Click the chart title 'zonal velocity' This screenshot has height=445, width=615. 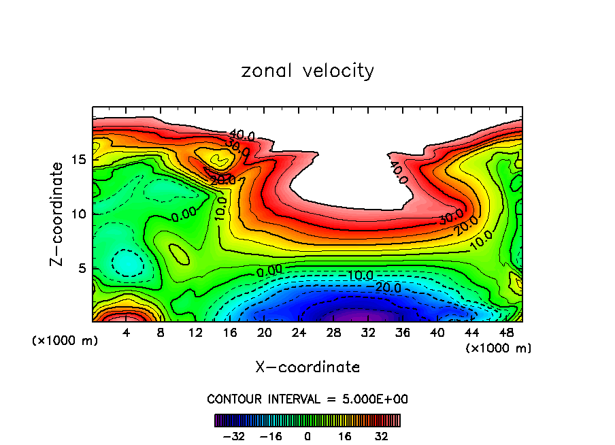pos(307,71)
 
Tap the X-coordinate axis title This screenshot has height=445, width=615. pos(307,367)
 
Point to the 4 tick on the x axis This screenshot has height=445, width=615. pos(126,333)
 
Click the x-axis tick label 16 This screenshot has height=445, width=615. pos(230,333)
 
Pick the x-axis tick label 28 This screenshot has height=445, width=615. pos(333,333)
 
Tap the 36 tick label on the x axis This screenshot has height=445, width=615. pos(403,333)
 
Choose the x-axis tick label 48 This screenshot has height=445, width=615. pos(506,333)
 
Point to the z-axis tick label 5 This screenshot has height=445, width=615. pos(81,268)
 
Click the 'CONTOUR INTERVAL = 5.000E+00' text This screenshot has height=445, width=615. pos(307,399)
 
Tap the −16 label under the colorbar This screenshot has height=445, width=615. pos(271,436)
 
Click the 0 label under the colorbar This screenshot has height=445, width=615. pos(307,436)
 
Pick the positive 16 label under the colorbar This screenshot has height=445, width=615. pos(344,436)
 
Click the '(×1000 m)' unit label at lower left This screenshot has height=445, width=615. pos(65,341)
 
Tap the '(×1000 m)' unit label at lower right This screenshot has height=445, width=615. pos(498,348)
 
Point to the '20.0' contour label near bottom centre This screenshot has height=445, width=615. pos(388,289)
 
